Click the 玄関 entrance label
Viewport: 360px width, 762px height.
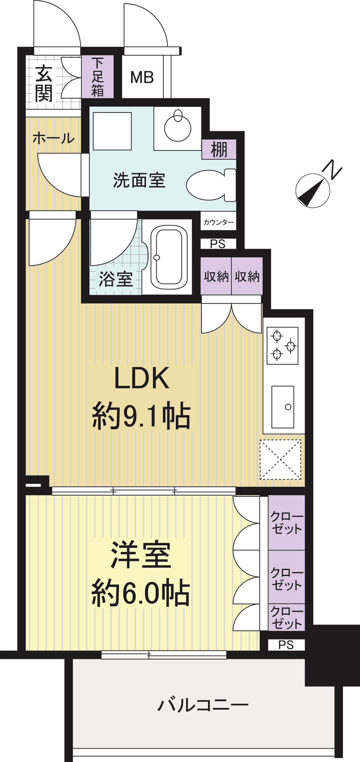(44, 83)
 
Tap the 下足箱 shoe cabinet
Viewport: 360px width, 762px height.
(97, 77)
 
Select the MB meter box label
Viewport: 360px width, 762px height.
(142, 78)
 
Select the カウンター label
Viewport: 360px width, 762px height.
(218, 222)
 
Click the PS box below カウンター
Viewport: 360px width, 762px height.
(218, 244)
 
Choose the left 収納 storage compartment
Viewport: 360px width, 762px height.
(216, 276)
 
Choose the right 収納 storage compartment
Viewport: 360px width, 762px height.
(247, 276)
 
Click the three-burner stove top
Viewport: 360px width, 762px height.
(282, 346)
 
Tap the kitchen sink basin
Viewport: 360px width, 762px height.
(283, 407)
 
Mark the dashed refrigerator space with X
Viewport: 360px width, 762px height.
(280, 459)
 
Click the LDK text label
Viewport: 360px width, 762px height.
(142, 378)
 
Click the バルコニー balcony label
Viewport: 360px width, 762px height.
(203, 705)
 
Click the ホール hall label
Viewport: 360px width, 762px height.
(53, 138)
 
